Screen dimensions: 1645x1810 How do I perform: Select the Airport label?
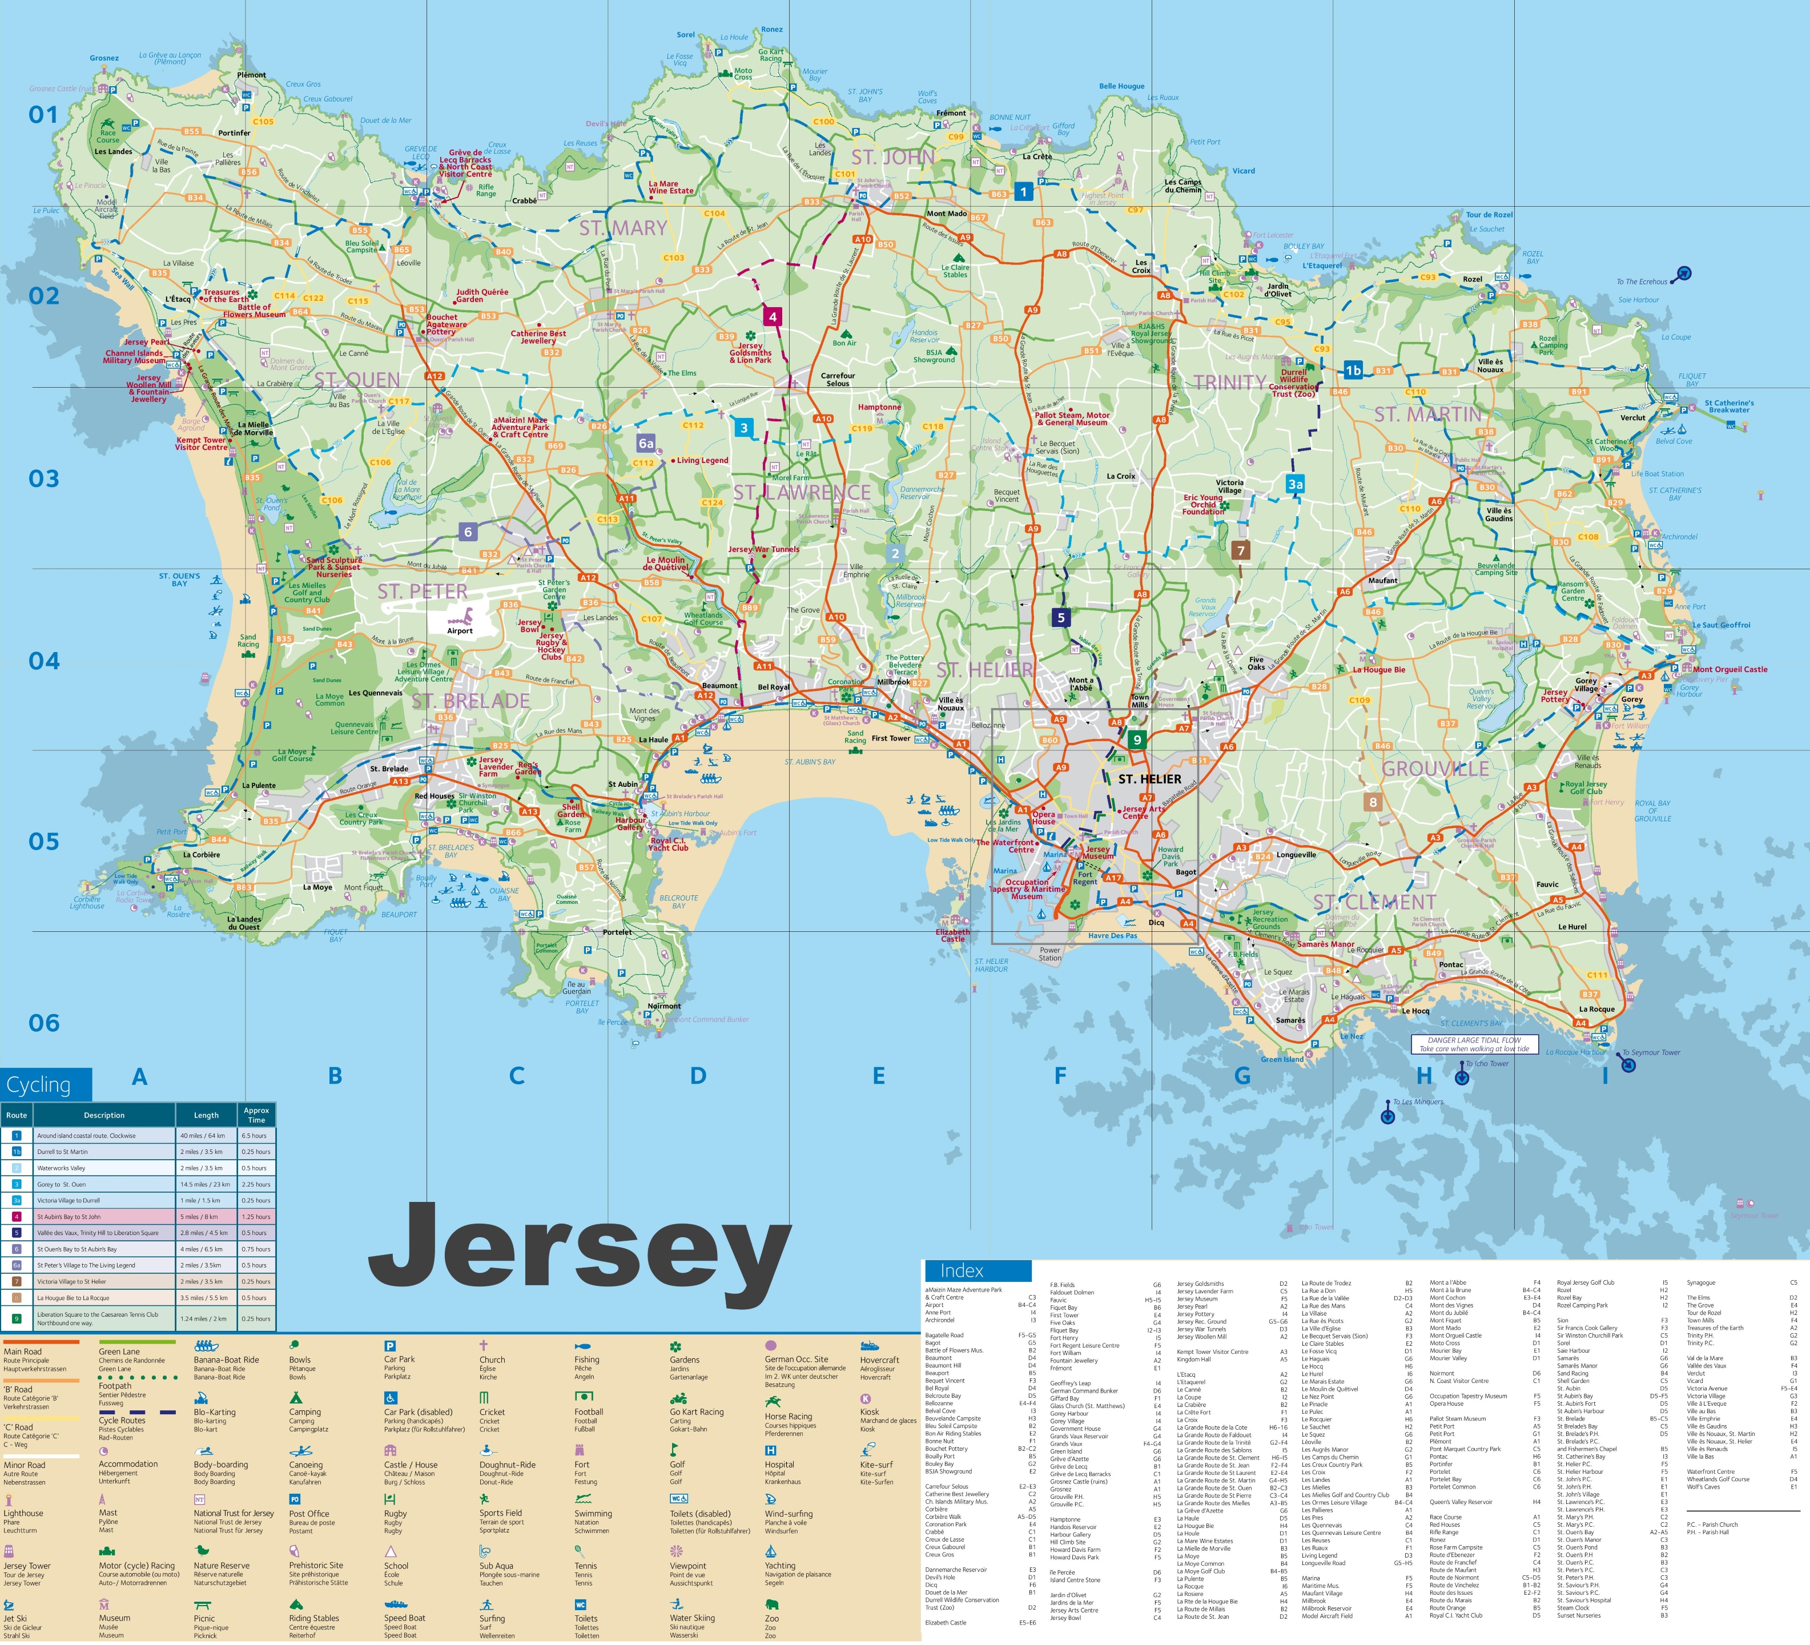point(460,630)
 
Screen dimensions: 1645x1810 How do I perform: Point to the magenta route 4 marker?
point(772,316)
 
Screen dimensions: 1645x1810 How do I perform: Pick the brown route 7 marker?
point(1240,550)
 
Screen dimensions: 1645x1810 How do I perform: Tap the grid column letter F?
point(1059,1076)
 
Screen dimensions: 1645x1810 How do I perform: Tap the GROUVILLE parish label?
point(1435,769)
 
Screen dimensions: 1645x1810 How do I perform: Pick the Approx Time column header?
point(256,1115)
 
